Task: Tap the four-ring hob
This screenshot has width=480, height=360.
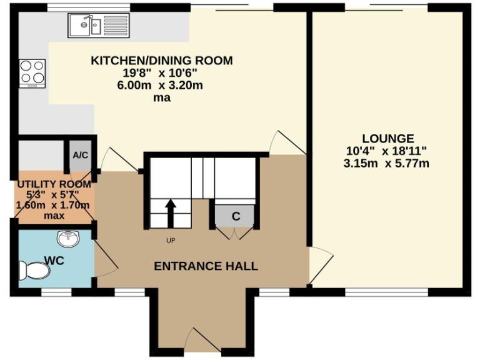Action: [x=32, y=72]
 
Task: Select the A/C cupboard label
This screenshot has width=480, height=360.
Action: [x=80, y=155]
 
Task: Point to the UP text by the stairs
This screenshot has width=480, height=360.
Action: [x=171, y=241]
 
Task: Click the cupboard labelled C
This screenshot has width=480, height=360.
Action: [x=236, y=216]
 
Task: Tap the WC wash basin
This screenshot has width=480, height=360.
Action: [x=67, y=239]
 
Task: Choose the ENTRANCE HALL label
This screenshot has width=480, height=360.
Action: [x=206, y=266]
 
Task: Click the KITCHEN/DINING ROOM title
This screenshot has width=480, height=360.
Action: [x=162, y=61]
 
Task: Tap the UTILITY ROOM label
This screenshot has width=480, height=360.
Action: [x=54, y=184]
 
